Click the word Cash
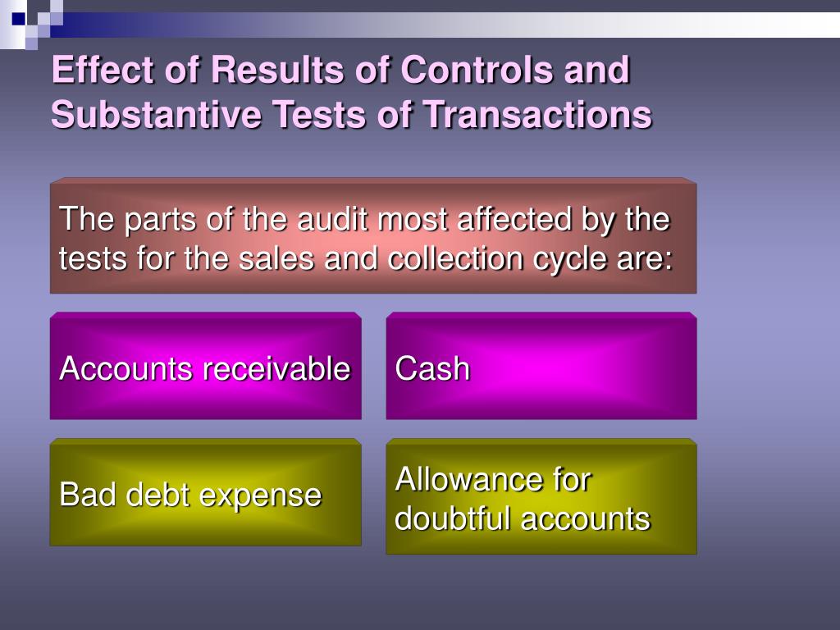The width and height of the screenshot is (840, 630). pyautogui.click(x=432, y=369)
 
